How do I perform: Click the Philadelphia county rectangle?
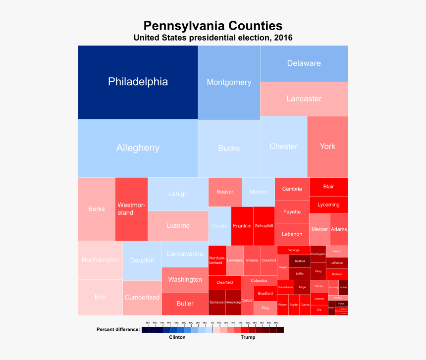pyautogui.click(x=138, y=82)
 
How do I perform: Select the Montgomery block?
pyautogui.click(x=229, y=82)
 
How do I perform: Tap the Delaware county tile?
pyautogui.click(x=304, y=63)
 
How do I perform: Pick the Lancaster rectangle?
pyautogui.click(x=304, y=99)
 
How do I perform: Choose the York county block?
pyautogui.click(x=327, y=146)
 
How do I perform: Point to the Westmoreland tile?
pyautogui.click(x=131, y=208)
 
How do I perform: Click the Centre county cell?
pyautogui.click(x=219, y=226)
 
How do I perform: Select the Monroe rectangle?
pyautogui.click(x=258, y=192)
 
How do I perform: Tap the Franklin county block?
pyautogui.click(x=242, y=226)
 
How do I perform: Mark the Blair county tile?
pyautogui.click(x=328, y=187)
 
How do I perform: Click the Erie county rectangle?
pyautogui.click(x=100, y=297)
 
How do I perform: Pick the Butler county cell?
pyautogui.click(x=185, y=304)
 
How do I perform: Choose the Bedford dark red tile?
pyautogui.click(x=300, y=261)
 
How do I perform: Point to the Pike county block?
pyautogui.click(x=266, y=308)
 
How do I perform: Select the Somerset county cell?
pyautogui.click(x=216, y=302)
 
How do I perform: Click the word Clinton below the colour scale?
pyautogui.click(x=177, y=337)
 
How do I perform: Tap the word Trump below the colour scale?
pyautogui.click(x=248, y=337)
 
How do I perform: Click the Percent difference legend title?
pyautogui.click(x=118, y=329)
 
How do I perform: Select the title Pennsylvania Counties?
pyautogui.click(x=213, y=26)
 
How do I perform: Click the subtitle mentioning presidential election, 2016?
pyautogui.click(x=213, y=38)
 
